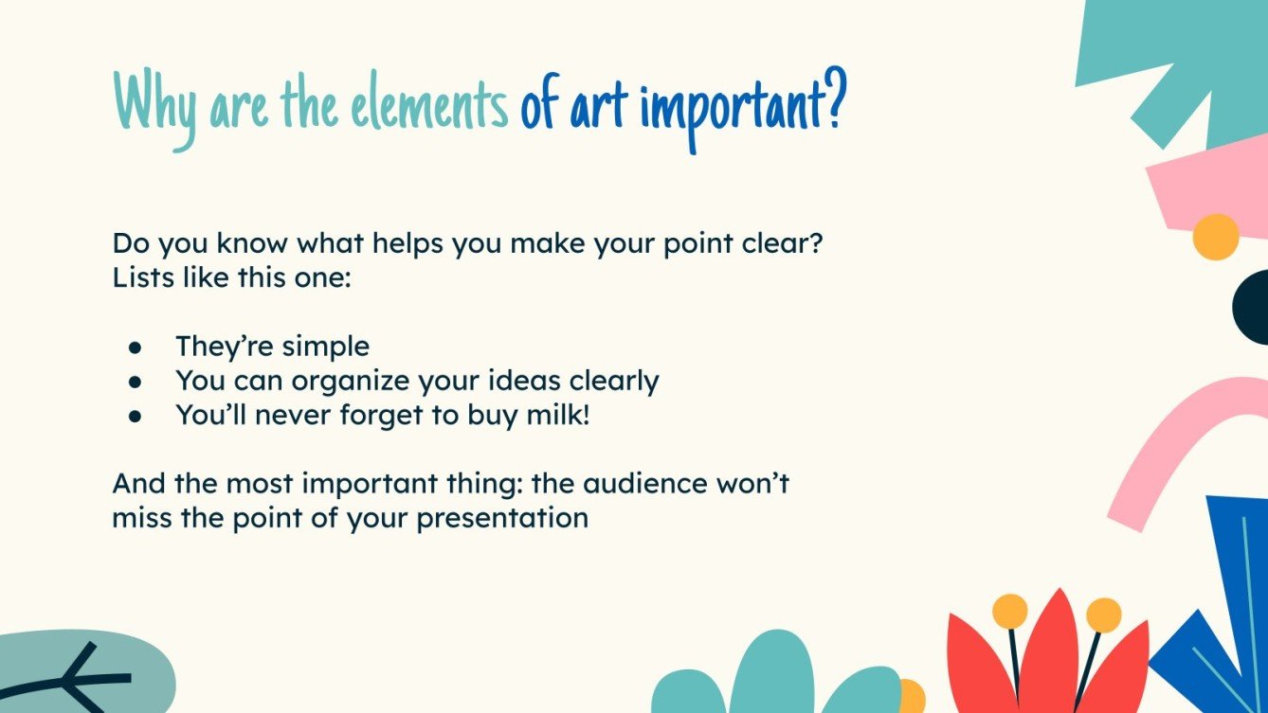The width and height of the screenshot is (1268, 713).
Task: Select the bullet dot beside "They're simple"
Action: click(135, 348)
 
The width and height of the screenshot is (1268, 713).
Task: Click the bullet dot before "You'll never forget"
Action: click(135, 416)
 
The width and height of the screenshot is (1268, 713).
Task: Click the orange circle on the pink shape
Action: click(1215, 237)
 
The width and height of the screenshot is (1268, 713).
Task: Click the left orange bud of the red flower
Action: click(1010, 611)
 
